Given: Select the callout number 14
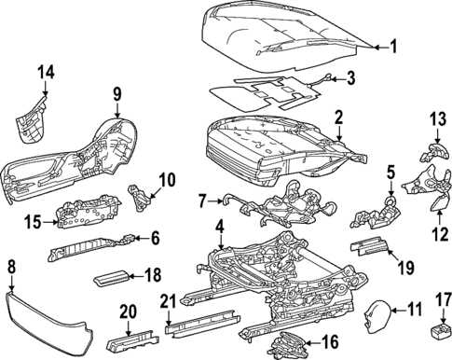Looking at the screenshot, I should [x=46, y=71].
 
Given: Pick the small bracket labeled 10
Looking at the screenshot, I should [x=137, y=196].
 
